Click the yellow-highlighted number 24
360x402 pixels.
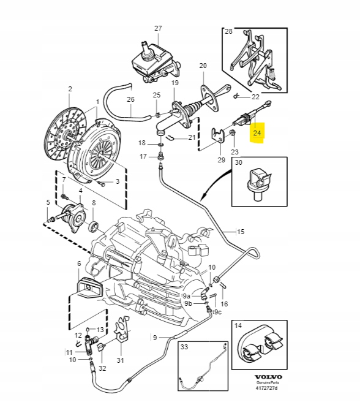pyautogui.click(x=257, y=132)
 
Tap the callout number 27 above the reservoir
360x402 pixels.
pyautogui.click(x=158, y=28)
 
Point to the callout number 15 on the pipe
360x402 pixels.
pyautogui.click(x=240, y=232)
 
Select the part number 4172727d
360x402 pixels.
pyautogui.click(x=266, y=387)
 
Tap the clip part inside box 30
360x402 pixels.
pyautogui.click(x=258, y=182)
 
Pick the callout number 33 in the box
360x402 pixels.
pyautogui.click(x=184, y=347)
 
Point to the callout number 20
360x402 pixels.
pyautogui.click(x=203, y=66)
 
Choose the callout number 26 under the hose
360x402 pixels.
pyautogui.click(x=130, y=99)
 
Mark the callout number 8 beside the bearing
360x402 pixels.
pyautogui.click(x=93, y=203)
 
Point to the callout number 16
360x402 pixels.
pyautogui.click(x=224, y=303)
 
